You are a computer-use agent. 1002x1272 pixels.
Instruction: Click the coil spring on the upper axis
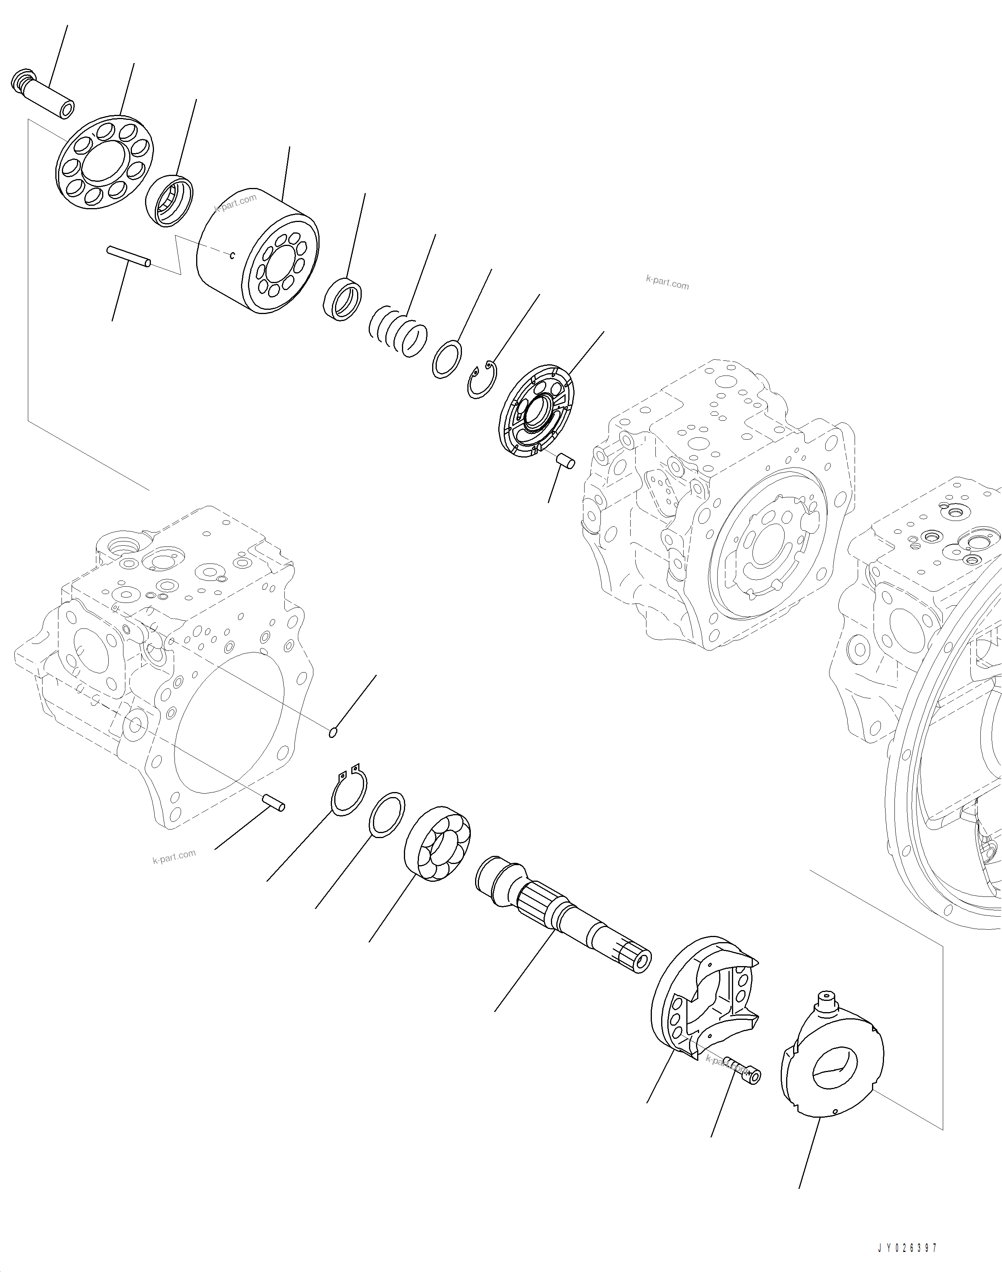pyautogui.click(x=399, y=331)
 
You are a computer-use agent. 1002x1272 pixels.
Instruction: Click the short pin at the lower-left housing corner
pyautogui.click(x=274, y=802)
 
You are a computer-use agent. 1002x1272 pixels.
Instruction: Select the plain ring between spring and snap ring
pyautogui.click(x=447, y=359)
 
